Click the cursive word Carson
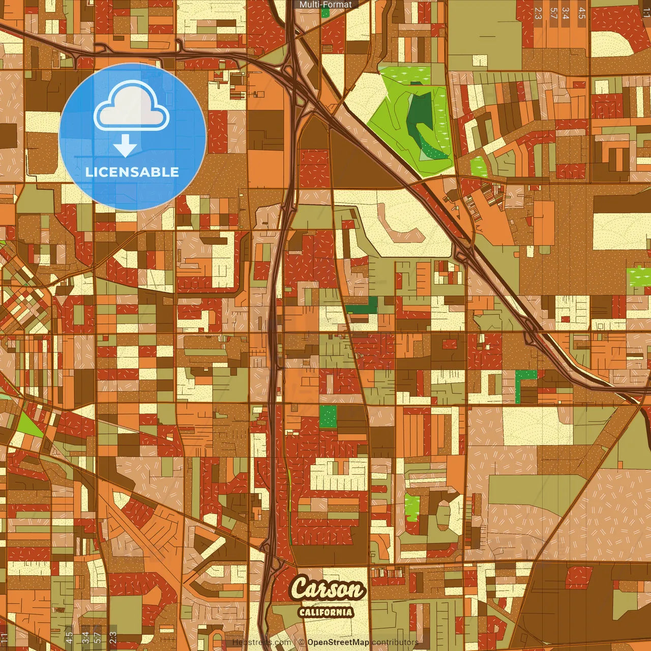[328, 590]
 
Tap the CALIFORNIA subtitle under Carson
[325, 612]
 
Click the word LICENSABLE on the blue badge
[132, 172]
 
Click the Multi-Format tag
[325, 5]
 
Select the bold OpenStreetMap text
[338, 642]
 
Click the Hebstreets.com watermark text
[261, 642]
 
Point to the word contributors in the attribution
[395, 642]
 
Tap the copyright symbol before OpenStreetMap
[302, 642]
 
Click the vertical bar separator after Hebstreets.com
[295, 642]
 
